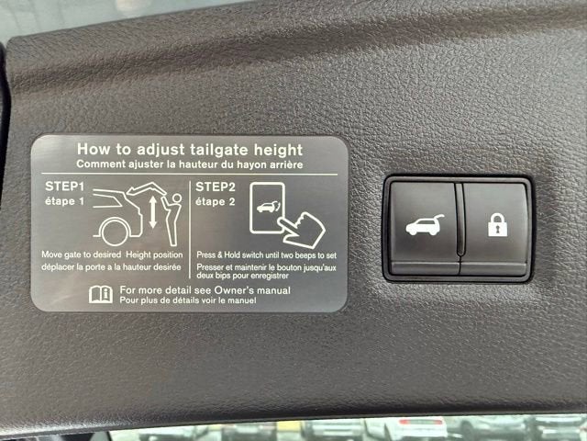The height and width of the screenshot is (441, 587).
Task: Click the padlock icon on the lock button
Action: [497, 224]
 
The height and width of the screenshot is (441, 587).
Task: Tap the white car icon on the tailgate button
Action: [425, 225]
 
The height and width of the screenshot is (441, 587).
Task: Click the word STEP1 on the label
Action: [65, 187]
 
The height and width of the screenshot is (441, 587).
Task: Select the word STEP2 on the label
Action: [216, 187]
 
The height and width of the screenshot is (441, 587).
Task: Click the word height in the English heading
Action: [278, 150]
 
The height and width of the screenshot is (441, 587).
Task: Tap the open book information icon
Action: [101, 294]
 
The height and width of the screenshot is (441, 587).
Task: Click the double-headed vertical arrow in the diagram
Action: [153, 212]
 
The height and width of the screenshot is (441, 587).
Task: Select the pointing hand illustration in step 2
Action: [302, 230]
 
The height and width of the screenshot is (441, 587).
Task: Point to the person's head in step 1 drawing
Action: [177, 198]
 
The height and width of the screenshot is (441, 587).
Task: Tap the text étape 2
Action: [216, 202]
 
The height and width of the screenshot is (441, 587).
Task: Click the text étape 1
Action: [65, 201]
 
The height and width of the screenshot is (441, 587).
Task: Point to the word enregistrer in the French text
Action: [270, 276]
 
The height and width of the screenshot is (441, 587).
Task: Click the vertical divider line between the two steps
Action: [190, 230]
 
